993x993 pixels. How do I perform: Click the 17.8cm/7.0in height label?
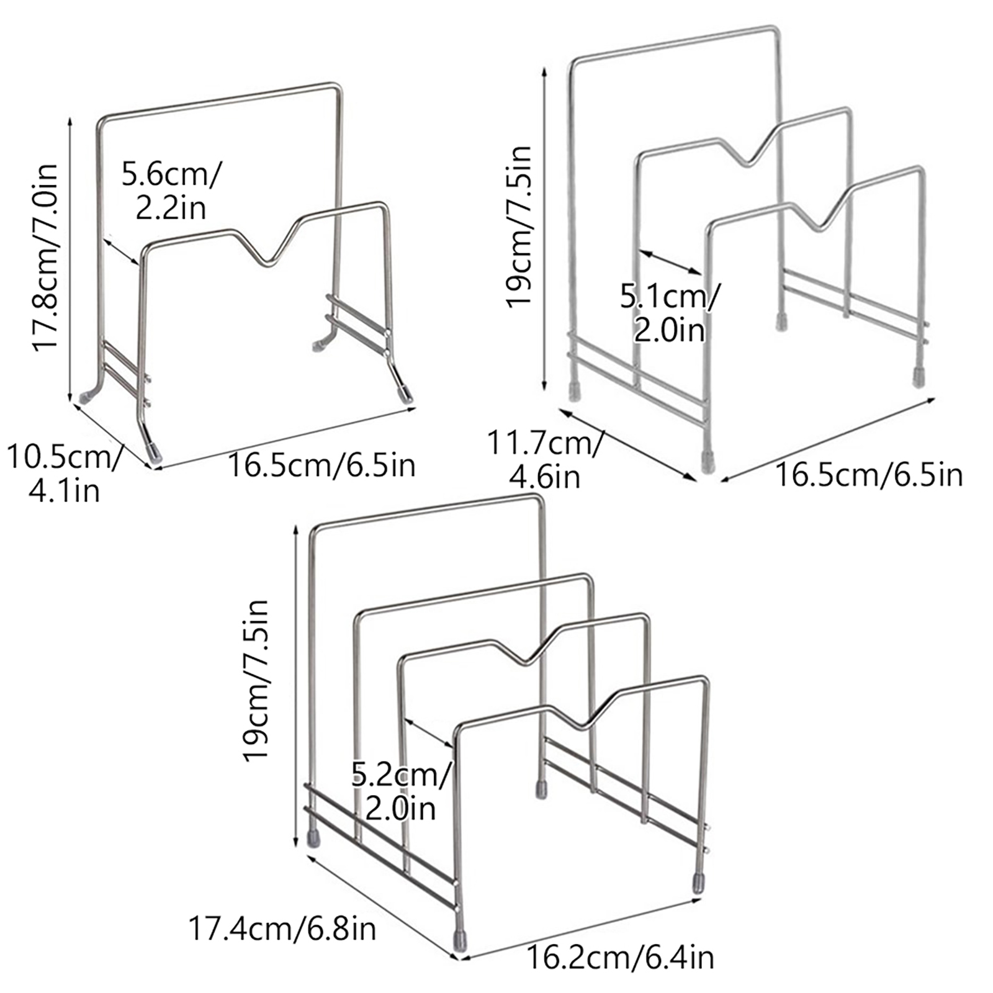pyautogui.click(x=45, y=258)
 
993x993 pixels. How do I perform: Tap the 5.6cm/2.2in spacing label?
pyautogui.click(x=171, y=191)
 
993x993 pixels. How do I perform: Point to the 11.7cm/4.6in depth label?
pyautogui.click(x=544, y=460)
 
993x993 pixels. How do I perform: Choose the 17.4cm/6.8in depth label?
pyautogui.click(x=282, y=929)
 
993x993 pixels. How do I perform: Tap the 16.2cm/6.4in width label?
pyautogui.click(x=620, y=958)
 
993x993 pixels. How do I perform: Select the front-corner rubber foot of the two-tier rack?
pyautogui.click(x=153, y=451)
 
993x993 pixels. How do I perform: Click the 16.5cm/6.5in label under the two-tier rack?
pyautogui.click(x=321, y=464)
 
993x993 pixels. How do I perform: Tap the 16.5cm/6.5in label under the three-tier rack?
pyautogui.click(x=869, y=475)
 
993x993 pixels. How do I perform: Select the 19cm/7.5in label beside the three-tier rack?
pyautogui.click(x=519, y=227)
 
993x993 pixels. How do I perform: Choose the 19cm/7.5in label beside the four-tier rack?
pyautogui.click(x=255, y=680)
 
